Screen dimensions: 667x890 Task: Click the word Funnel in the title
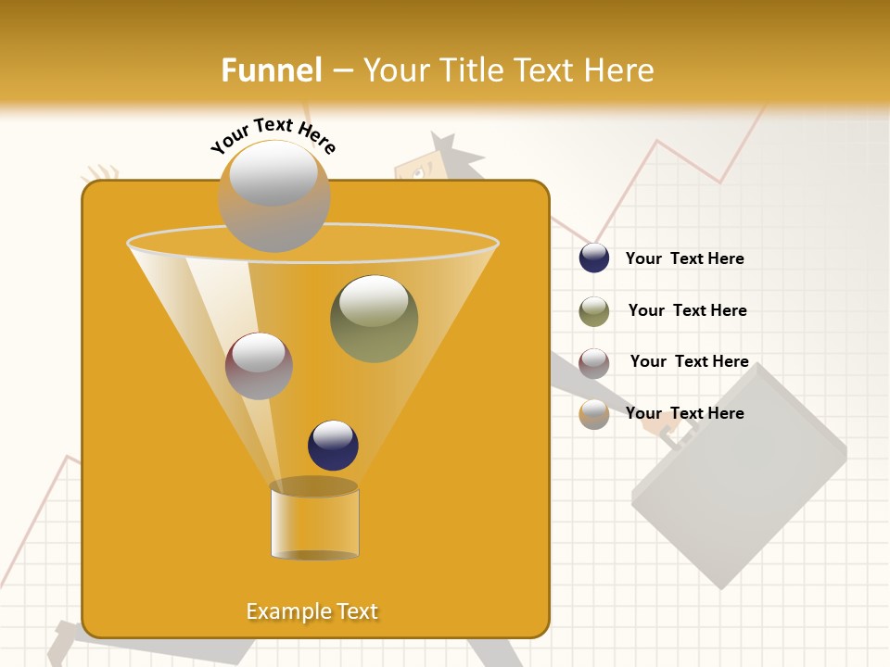pos(272,70)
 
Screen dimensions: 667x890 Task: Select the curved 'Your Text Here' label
pos(273,135)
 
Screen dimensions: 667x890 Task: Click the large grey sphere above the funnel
pos(273,195)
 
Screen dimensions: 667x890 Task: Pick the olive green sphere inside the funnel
pos(374,319)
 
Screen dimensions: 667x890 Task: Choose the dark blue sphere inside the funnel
pos(333,445)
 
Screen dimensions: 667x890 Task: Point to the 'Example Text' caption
pos(312,611)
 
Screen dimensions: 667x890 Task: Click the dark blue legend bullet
pos(594,258)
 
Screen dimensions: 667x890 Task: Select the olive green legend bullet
pos(594,311)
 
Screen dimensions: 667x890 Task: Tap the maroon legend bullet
pos(594,363)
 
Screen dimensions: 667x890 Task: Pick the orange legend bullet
pos(594,414)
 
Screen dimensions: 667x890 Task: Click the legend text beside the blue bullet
pos(684,258)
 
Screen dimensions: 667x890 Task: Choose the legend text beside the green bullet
pos(687,310)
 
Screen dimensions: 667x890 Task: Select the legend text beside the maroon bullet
pos(689,361)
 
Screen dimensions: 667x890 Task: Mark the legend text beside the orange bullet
pos(684,413)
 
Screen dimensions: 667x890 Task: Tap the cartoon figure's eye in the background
pos(416,172)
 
